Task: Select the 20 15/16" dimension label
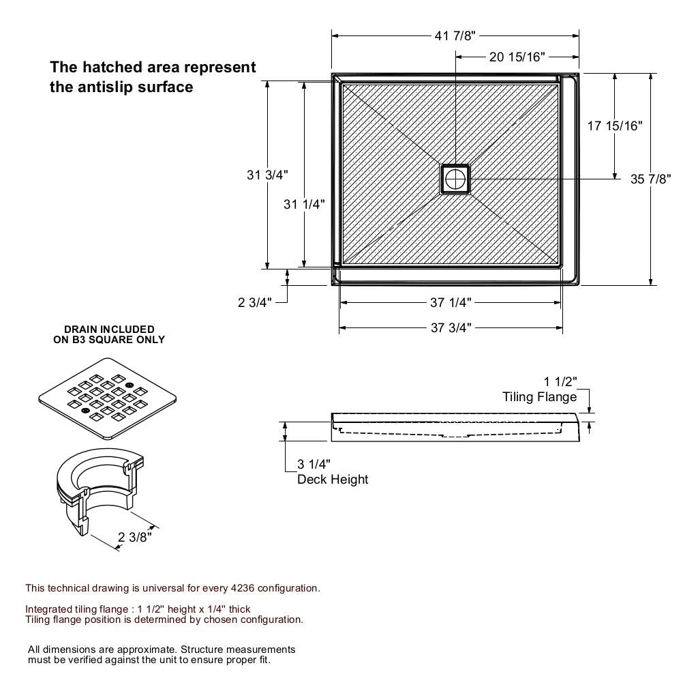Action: (517, 57)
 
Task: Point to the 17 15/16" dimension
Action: (615, 126)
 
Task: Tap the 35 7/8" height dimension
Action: (651, 179)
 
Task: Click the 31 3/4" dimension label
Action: (267, 175)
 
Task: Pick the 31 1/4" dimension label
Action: (304, 203)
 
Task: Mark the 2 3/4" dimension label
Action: (255, 302)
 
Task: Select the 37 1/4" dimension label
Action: (451, 302)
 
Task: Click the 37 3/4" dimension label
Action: (451, 327)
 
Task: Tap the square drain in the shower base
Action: (455, 179)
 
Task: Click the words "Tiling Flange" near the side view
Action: (539, 396)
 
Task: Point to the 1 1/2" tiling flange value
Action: (560, 381)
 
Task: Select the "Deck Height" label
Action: (333, 479)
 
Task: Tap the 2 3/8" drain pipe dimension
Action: (134, 537)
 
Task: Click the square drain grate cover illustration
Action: (111, 398)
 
